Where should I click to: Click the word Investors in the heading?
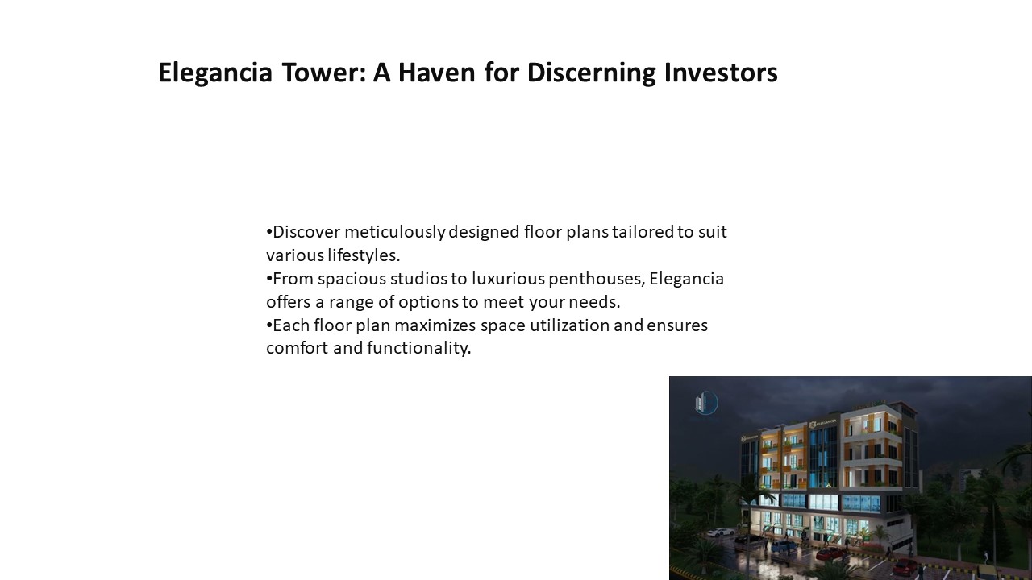721,72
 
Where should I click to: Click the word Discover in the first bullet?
308,232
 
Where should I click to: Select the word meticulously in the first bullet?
395,232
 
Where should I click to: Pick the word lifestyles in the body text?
363,255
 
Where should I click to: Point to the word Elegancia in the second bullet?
686,279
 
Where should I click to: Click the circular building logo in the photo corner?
705,403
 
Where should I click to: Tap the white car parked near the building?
721,532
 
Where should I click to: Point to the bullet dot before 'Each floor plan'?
269,326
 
